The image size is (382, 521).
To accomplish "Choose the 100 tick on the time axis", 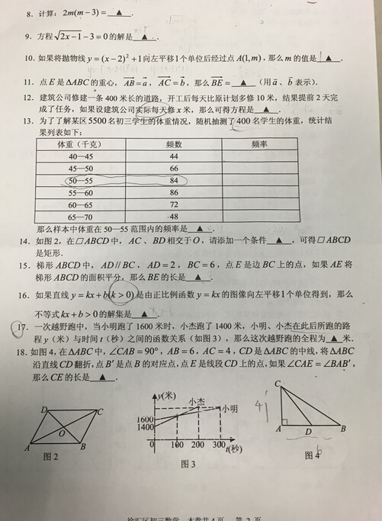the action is [177, 445].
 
